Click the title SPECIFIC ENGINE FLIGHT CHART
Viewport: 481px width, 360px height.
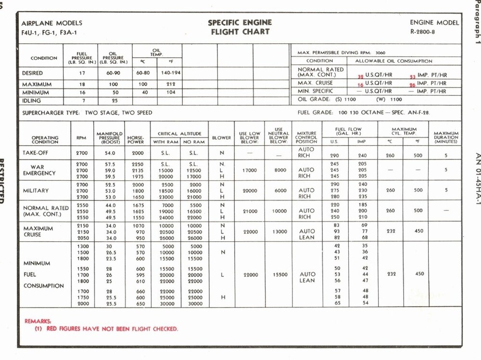tap(240, 27)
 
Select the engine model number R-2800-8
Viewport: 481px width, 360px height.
tap(423, 32)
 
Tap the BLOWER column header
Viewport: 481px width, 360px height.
tap(221, 138)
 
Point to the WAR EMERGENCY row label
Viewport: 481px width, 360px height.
tap(40, 170)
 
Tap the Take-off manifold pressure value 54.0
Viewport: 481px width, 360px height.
tap(110, 153)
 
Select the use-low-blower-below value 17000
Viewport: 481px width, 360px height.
tap(250, 170)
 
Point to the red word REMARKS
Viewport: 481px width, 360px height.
tap(38, 321)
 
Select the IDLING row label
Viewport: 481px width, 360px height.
tap(31, 101)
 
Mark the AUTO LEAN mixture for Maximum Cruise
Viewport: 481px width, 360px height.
tap(307, 235)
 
